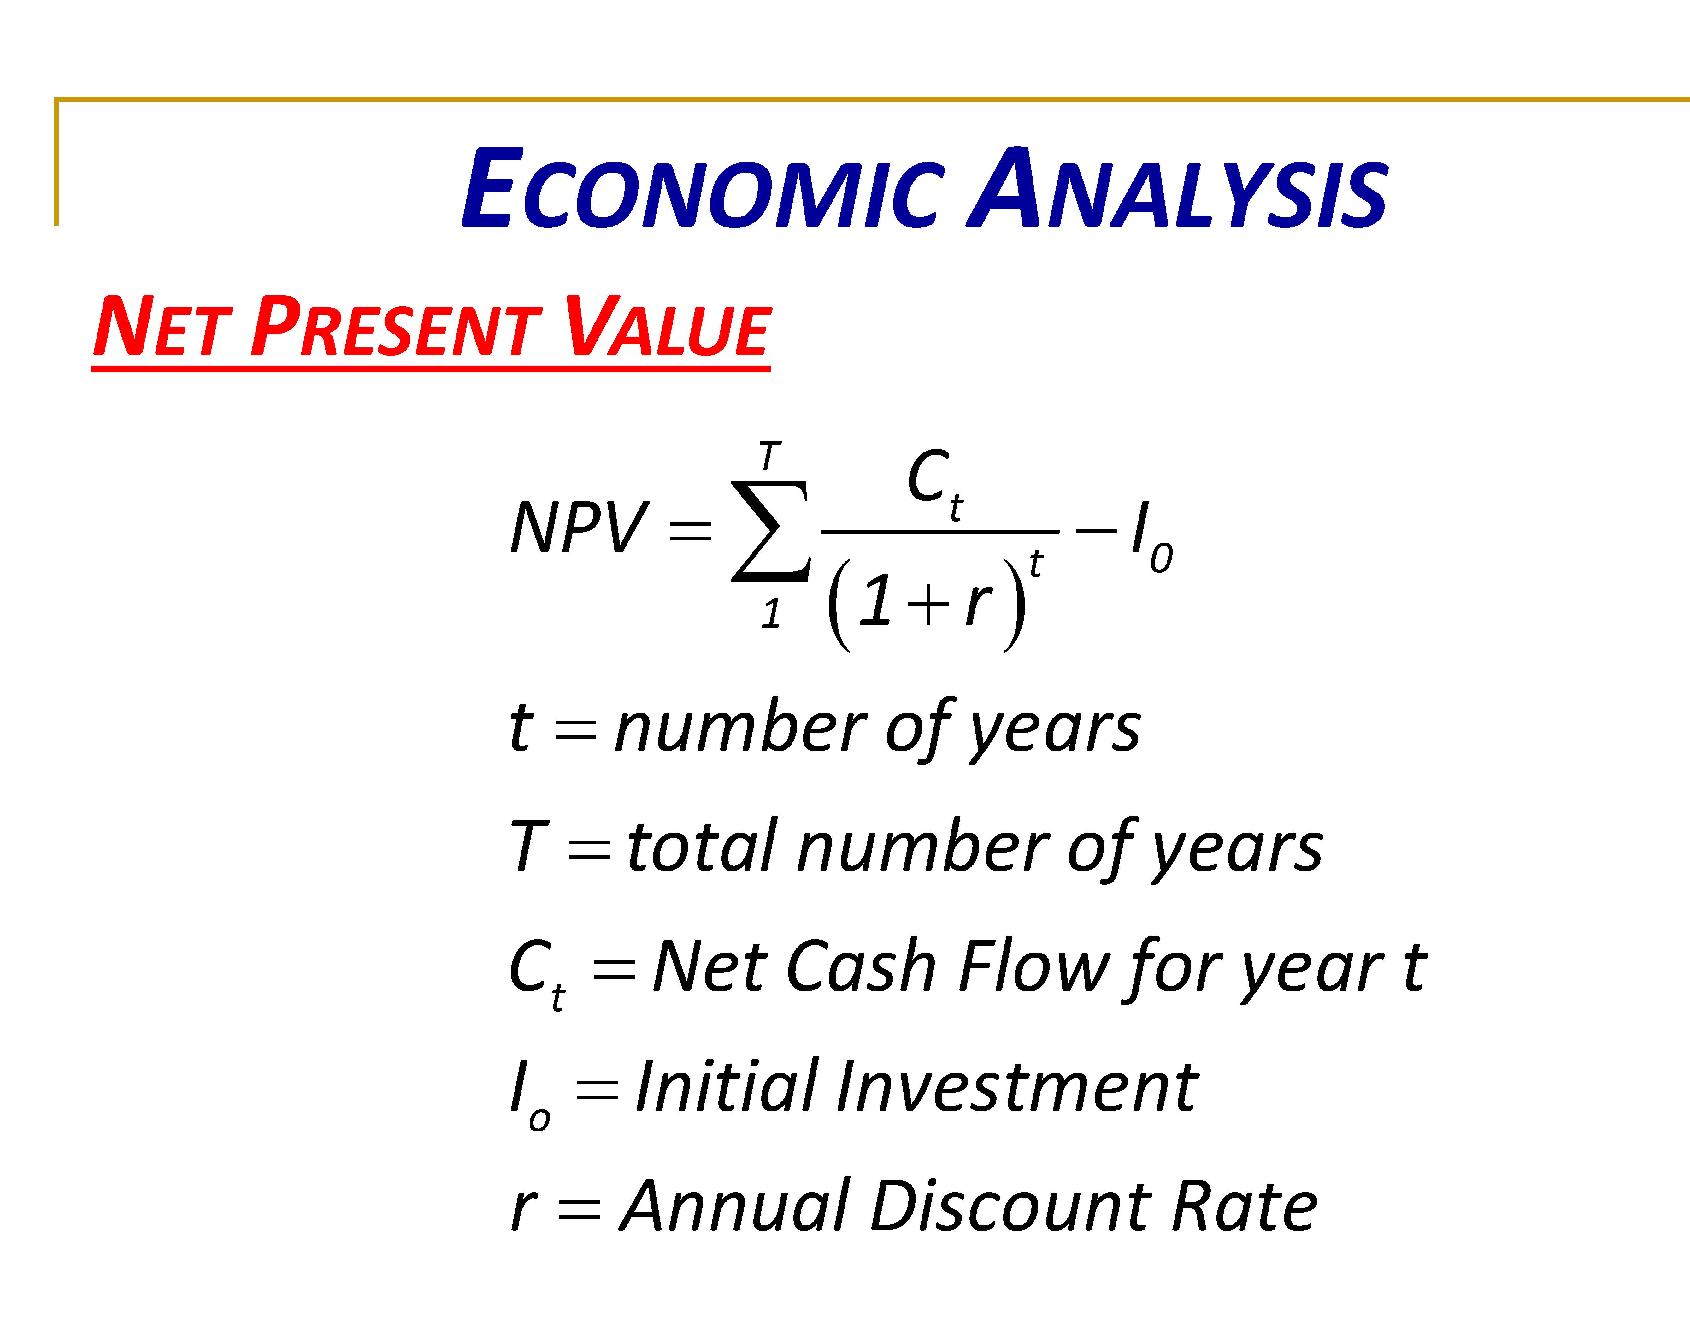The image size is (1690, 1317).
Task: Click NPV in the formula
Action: click(x=579, y=528)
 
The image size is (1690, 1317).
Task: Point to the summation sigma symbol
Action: click(x=771, y=531)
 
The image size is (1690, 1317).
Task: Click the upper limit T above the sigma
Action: click(x=769, y=457)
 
